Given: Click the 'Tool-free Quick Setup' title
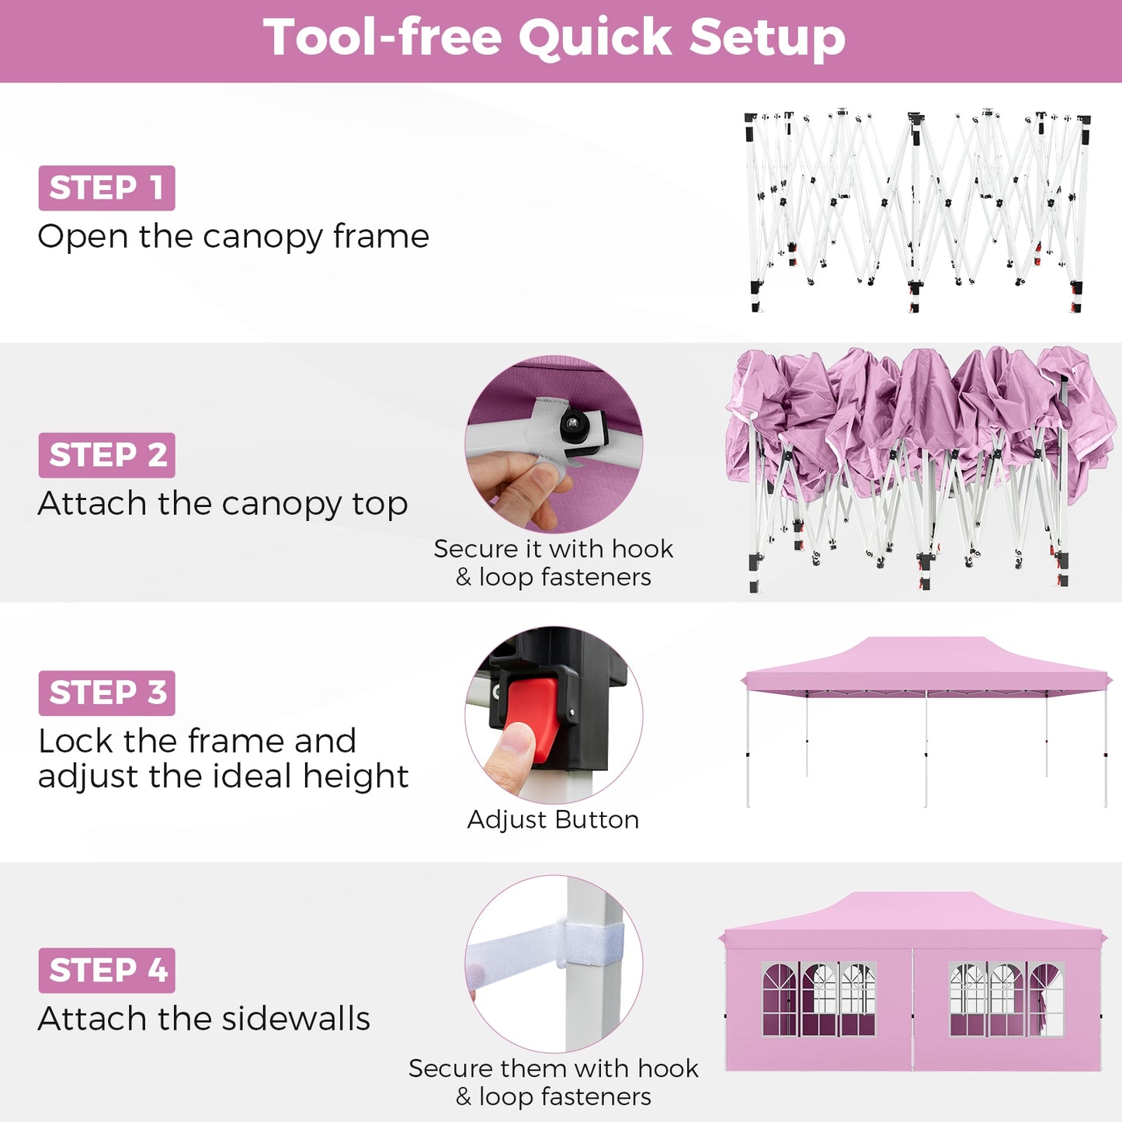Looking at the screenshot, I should [x=554, y=37].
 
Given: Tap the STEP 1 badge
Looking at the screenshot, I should [x=106, y=188].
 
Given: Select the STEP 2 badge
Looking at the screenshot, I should [x=106, y=455].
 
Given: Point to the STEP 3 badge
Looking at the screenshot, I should [x=106, y=693].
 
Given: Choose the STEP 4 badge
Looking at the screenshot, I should [x=106, y=971].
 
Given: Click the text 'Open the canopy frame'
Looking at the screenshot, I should [x=233, y=236].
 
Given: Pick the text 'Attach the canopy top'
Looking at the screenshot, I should [x=223, y=503].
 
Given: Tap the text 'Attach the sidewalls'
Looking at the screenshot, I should [x=204, y=1019].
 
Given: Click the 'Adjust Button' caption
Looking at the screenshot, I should [x=553, y=820].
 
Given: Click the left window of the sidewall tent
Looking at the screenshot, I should [x=818, y=999].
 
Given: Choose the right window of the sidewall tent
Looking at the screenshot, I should [x=1006, y=999].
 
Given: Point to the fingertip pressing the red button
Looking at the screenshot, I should [x=514, y=742].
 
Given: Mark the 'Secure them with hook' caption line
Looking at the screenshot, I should [x=553, y=1068].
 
